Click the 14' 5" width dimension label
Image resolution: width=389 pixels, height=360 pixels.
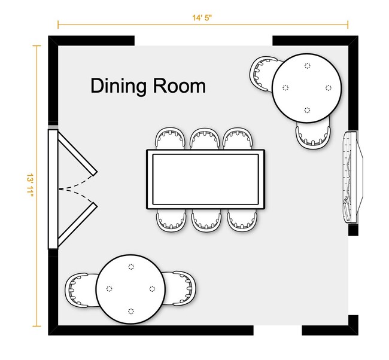[x=202, y=18]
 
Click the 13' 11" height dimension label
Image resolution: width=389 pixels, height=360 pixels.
[x=31, y=185]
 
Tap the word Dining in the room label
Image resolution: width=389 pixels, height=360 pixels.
[x=118, y=86]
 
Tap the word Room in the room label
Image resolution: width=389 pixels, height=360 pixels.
[x=179, y=86]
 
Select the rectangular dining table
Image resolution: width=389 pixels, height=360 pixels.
[x=206, y=179]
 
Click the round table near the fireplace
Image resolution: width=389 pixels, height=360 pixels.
[x=306, y=88]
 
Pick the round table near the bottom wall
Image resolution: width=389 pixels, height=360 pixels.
[x=130, y=289]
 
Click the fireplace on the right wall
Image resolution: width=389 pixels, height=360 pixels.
[x=353, y=178]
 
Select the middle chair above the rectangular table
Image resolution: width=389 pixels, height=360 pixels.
[x=205, y=139]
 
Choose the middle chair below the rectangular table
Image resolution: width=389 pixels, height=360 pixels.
[x=206, y=220]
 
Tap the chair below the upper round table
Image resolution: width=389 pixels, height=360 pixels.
[x=314, y=135]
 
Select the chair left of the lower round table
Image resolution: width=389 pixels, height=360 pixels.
[x=81, y=290]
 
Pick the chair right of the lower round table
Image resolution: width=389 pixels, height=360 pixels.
[x=180, y=288]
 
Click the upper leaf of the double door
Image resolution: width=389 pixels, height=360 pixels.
[x=77, y=152]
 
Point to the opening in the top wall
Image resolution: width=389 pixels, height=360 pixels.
[x=203, y=41]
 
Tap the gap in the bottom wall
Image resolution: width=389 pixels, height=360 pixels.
[x=278, y=330]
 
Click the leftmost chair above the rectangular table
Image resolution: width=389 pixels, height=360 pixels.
[x=170, y=139]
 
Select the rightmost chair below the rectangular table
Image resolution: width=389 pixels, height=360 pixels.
[x=242, y=220]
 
